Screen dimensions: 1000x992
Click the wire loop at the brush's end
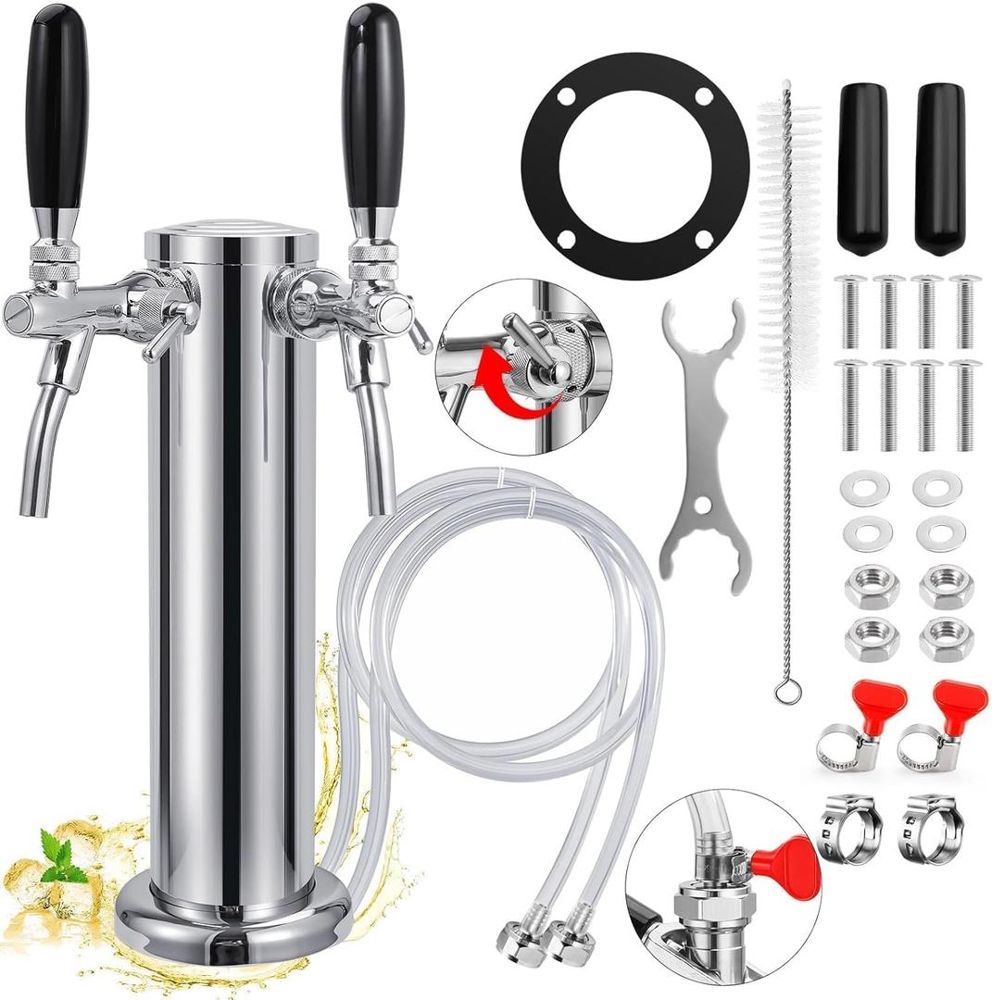coord(786,689)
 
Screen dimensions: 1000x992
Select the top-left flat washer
coord(865,488)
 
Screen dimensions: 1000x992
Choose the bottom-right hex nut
coord(946,638)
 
